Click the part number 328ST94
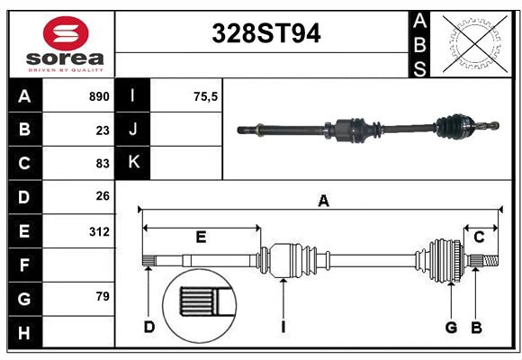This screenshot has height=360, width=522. pos(266,33)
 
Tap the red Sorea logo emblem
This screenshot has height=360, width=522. pos(66,33)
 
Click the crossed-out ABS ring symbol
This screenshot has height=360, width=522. pos(475,43)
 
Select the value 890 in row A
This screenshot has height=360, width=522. pos(99,96)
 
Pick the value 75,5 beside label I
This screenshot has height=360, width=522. pos(205,96)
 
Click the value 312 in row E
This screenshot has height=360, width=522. pos(99,231)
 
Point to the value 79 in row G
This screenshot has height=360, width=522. pos(103,296)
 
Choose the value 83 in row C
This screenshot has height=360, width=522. pos(103,164)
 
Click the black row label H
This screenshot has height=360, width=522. pos(25,332)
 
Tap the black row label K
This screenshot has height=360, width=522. pos(132,163)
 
